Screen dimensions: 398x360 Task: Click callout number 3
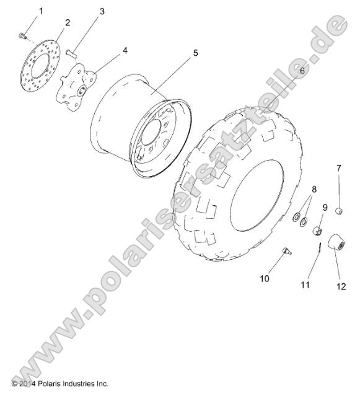click(102, 11)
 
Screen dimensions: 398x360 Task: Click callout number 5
click(195, 53)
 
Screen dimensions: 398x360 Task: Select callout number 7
click(339, 168)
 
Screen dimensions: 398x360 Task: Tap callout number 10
click(265, 278)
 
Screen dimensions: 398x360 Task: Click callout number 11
click(304, 285)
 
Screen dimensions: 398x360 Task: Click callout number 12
click(340, 286)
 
